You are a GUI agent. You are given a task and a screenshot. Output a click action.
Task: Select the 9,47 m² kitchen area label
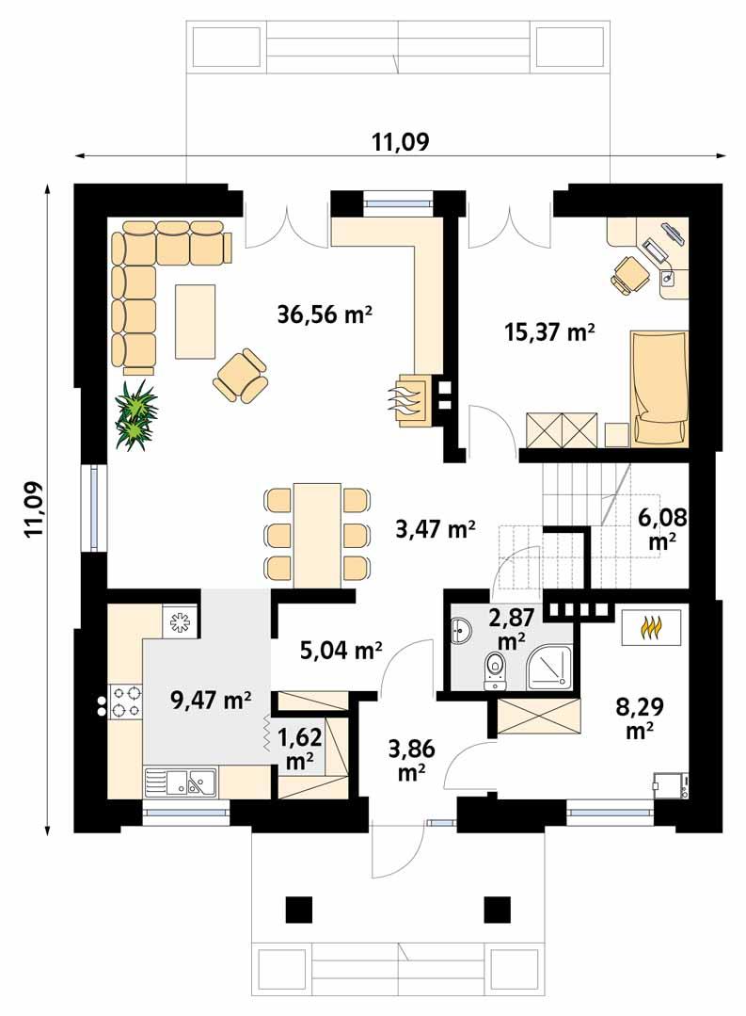(211, 700)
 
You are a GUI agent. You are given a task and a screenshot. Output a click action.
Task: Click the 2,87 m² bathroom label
(511, 629)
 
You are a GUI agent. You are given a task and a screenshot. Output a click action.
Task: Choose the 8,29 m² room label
(637, 716)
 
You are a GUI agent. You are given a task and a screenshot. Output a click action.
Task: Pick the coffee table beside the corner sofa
(195, 321)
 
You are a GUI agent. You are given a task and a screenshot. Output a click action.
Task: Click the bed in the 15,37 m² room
(659, 386)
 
